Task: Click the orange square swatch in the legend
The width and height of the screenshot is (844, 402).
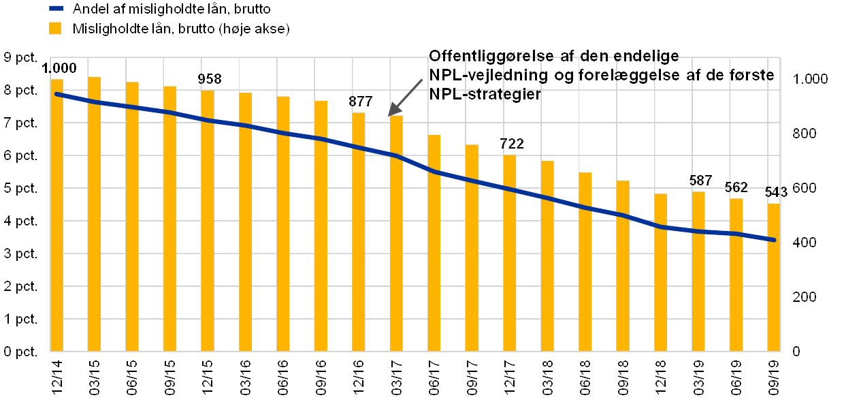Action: coord(56,29)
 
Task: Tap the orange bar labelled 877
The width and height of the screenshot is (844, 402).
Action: coord(359,232)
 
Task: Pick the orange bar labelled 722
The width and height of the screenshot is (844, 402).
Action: coord(510,253)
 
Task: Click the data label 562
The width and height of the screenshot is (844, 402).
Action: coord(736,187)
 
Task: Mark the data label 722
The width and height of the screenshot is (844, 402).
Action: coord(512,144)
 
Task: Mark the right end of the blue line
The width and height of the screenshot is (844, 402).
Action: coord(775,240)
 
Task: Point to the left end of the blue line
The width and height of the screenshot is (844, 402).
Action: coord(56,94)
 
